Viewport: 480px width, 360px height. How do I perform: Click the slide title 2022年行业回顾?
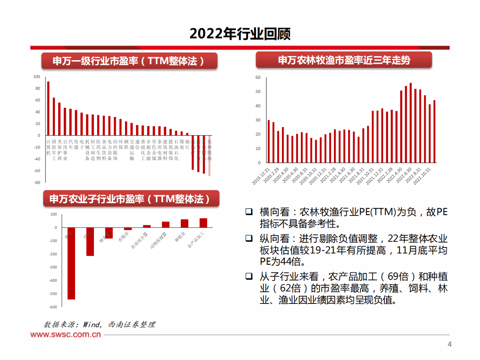(240, 34)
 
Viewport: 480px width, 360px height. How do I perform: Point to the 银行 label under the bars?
(187, 144)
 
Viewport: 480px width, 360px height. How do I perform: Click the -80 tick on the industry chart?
(37, 182)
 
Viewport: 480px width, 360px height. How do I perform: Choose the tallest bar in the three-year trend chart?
(411, 123)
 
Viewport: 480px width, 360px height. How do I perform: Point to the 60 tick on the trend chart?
(258, 77)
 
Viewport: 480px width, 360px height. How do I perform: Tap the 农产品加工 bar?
(203, 223)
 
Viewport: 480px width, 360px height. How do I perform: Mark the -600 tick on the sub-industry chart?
(53, 307)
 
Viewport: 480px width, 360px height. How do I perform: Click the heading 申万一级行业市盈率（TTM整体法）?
(129, 61)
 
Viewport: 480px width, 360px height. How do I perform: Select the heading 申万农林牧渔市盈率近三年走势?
(344, 60)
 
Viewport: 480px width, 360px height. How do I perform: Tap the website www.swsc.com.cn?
(65, 335)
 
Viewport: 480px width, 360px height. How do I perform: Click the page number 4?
(450, 344)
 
